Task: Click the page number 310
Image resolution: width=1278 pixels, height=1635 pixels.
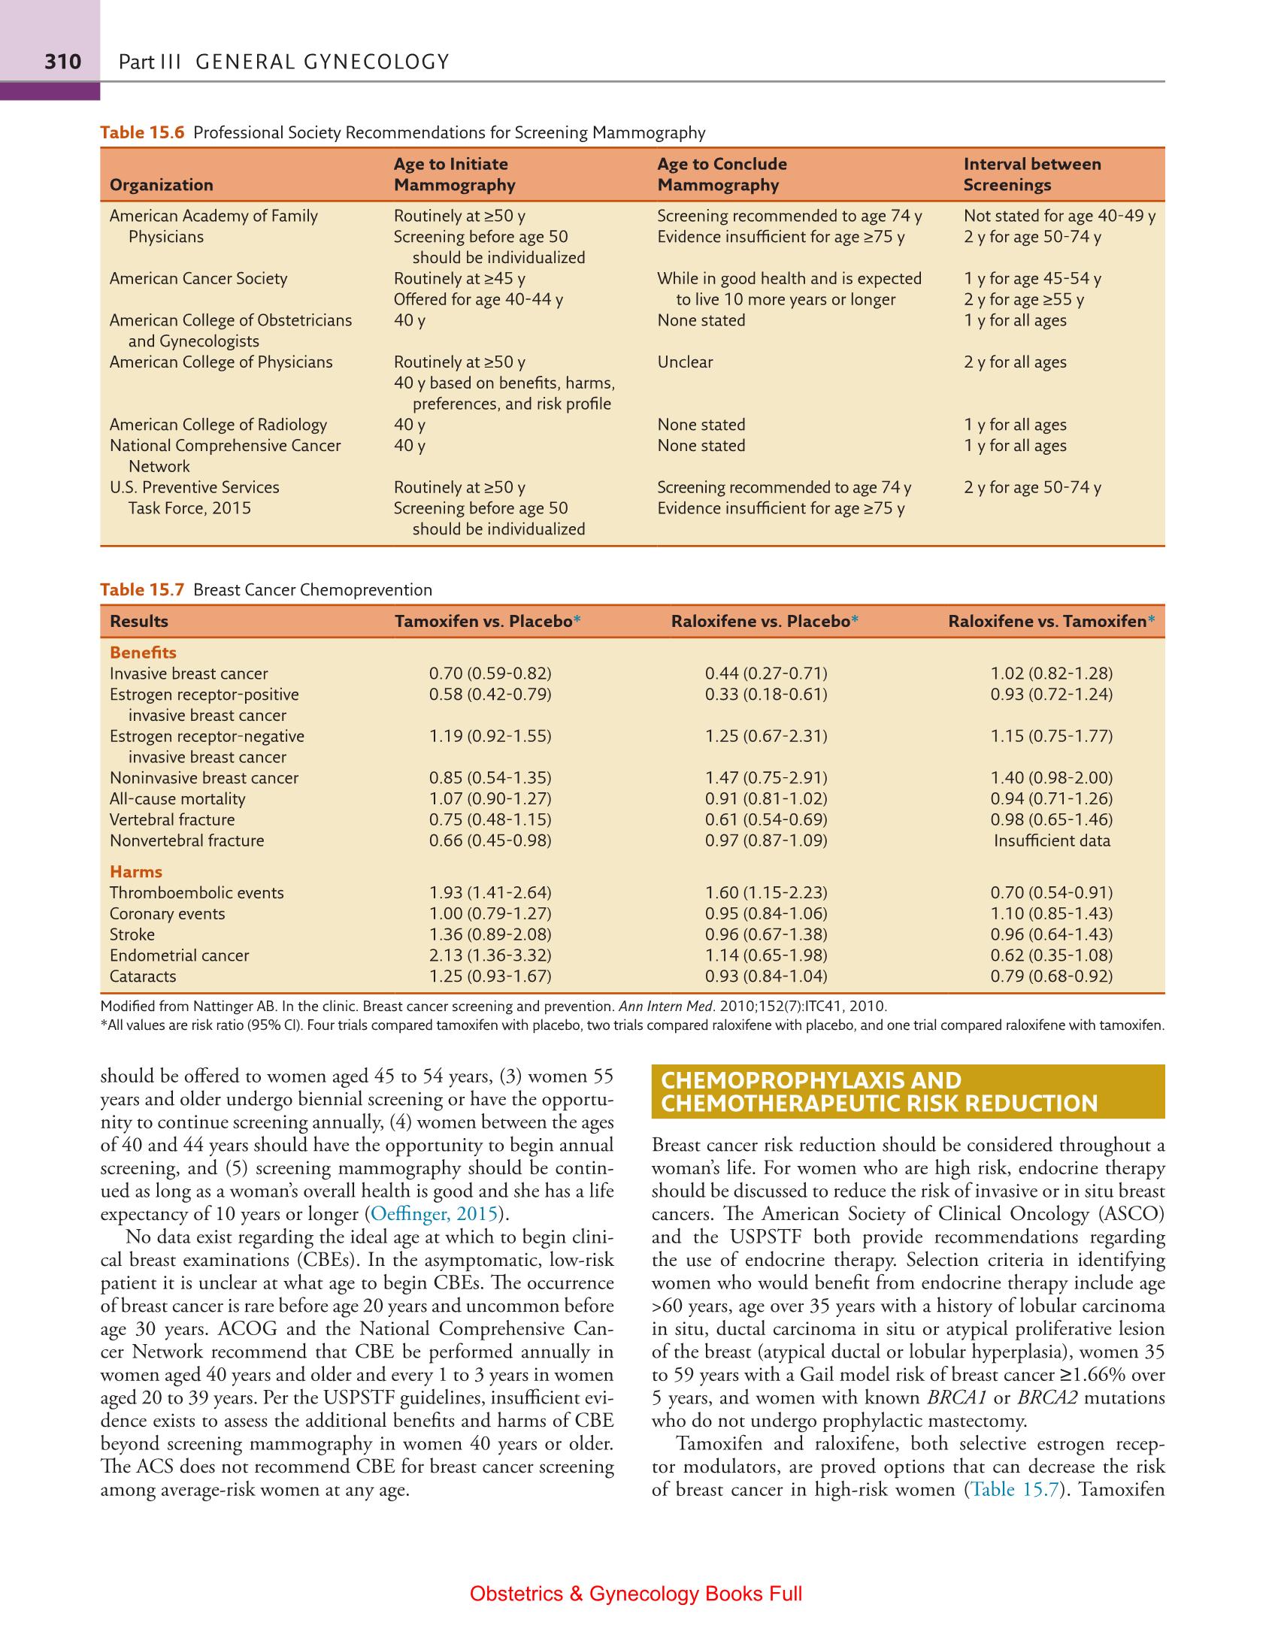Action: point(62,62)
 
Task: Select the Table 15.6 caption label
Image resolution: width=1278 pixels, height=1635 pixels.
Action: point(142,133)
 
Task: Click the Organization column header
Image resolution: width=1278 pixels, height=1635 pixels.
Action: point(161,185)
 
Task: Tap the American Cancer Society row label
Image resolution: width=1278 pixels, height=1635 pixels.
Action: point(198,279)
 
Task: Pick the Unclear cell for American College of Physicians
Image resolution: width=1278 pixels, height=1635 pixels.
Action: point(685,362)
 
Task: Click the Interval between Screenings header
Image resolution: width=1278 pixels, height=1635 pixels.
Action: point(1031,174)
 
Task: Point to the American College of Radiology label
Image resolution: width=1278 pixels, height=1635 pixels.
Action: point(218,425)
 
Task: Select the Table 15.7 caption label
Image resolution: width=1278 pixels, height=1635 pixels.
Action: point(142,590)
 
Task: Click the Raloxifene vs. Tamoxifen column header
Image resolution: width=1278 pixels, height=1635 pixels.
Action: point(1050,622)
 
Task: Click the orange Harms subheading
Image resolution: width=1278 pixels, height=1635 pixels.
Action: point(136,872)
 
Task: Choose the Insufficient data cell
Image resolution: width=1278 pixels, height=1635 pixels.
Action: point(1051,841)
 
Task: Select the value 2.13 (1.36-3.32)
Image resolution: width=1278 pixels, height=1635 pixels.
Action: point(489,955)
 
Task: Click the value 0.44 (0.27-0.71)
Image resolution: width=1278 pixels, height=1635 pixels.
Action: point(765,674)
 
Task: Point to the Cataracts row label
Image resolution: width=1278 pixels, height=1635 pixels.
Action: point(143,976)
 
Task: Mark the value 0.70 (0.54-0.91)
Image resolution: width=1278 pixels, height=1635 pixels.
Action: point(1051,893)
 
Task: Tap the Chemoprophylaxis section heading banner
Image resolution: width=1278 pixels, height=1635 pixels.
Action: point(907,1092)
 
